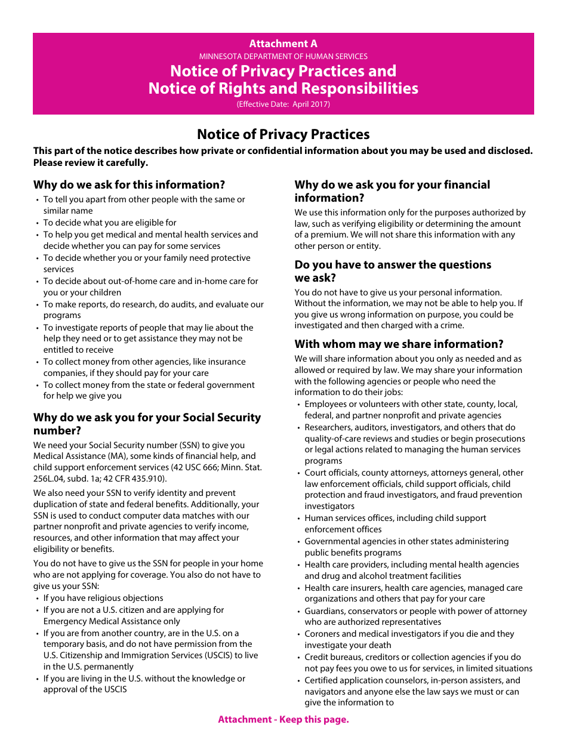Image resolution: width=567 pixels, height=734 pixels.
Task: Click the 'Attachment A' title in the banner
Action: click(x=283, y=44)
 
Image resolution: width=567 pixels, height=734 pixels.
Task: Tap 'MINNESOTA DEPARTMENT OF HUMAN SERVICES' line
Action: click(x=283, y=57)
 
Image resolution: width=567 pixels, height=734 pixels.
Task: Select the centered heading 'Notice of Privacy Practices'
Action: click(x=283, y=134)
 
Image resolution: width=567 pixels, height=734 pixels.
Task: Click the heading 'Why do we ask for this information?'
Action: click(x=129, y=185)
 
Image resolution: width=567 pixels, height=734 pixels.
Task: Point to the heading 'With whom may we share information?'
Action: click(x=399, y=344)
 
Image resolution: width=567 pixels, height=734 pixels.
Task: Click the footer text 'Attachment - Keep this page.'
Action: click(x=283, y=719)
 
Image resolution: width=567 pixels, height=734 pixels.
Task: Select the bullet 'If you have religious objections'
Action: click(x=103, y=598)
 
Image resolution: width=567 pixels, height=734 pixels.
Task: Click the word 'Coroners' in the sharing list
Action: click(x=322, y=634)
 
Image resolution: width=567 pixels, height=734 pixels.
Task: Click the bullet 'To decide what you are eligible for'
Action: click(x=110, y=223)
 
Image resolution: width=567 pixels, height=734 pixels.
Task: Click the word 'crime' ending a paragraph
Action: click(x=451, y=326)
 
